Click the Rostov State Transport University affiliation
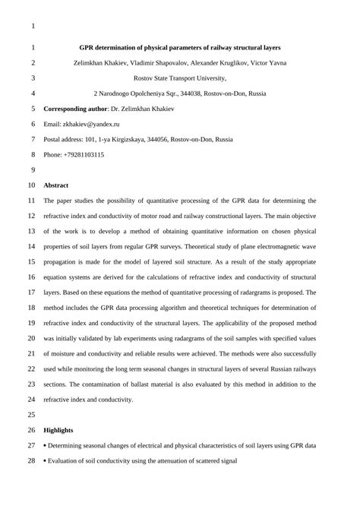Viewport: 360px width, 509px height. tap(179, 77)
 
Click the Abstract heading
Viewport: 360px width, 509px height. tap(56, 185)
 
